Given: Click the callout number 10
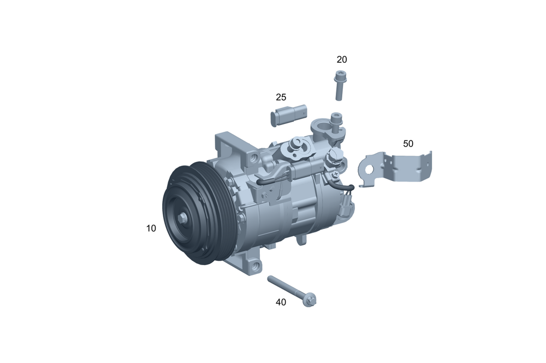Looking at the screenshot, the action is pos(151,229).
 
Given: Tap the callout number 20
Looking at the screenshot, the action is pos(342,60).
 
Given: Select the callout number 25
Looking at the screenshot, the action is pos(281,97).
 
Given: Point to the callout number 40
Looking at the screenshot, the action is pos(281,302).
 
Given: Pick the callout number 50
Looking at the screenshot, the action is pos(408,144).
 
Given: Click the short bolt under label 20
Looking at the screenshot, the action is pos(340,85).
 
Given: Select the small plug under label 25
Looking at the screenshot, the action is pos(289,115).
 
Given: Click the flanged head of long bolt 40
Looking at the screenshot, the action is pos(309,300).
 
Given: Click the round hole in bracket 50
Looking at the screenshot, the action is pos(369,170).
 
